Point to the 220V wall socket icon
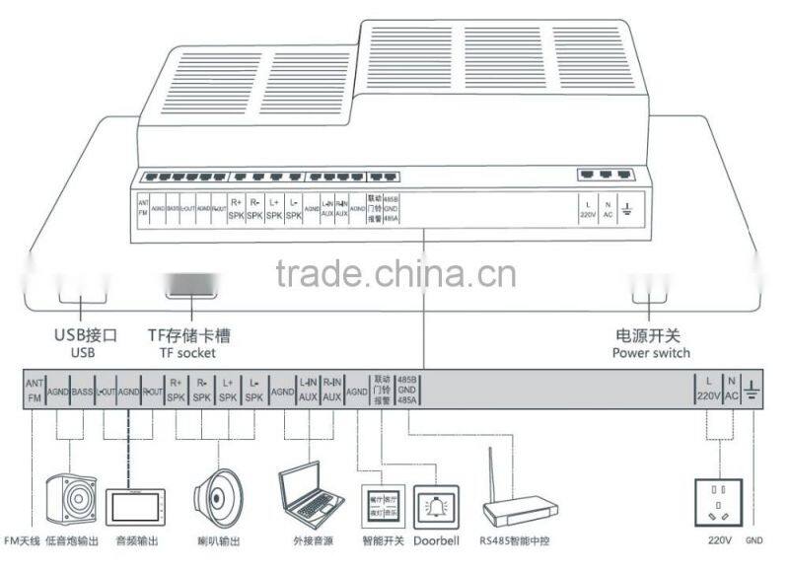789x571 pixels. [x=719, y=504]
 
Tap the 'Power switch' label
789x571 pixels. [x=651, y=353]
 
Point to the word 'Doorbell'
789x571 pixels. [x=436, y=541]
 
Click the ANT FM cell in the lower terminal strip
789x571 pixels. [x=35, y=392]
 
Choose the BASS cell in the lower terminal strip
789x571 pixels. [x=81, y=392]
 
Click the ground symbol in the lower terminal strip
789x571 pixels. [x=753, y=392]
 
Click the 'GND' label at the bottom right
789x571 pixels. [x=754, y=541]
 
